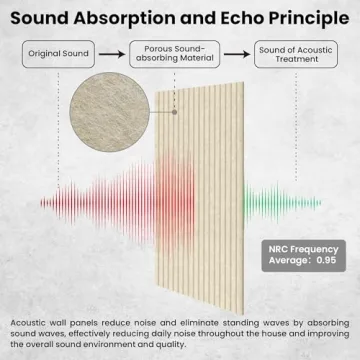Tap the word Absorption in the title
click(136, 16)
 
